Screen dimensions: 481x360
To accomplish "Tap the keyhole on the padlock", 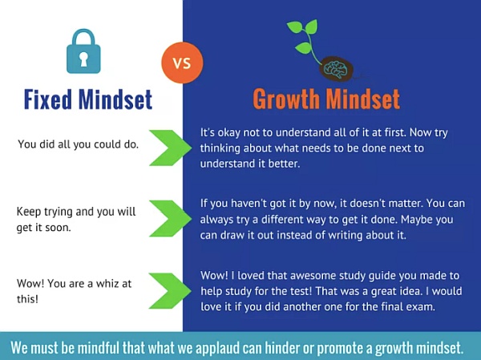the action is tap(83, 59).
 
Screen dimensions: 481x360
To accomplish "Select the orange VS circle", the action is tap(182, 63).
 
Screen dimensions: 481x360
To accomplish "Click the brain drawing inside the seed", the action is tap(336, 69).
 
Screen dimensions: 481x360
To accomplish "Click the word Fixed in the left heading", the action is tap(48, 99).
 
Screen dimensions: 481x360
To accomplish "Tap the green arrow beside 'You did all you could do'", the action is tap(171, 148).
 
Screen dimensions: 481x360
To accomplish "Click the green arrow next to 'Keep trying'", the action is tap(171, 219).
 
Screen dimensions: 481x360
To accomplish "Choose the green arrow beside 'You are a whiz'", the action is tap(171, 290).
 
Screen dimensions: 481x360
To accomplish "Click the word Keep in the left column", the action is tap(29, 212).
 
